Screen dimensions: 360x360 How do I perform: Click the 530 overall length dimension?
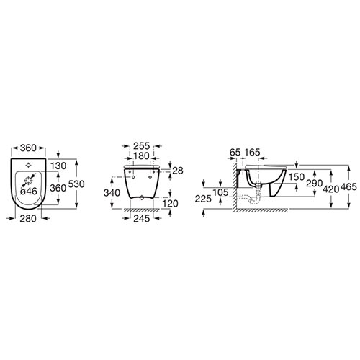pyautogui.click(x=76, y=184)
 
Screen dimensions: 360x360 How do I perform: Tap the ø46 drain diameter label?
pyautogui.click(x=29, y=192)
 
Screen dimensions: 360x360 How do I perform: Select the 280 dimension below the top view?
pyautogui.click(x=28, y=219)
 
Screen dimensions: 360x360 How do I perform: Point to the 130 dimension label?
pyautogui.click(x=58, y=166)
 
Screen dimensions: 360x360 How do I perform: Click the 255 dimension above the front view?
pyautogui.click(x=141, y=146)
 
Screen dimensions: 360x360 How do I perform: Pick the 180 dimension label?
pyautogui.click(x=141, y=156)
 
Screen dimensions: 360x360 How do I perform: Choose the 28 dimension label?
pyautogui.click(x=178, y=171)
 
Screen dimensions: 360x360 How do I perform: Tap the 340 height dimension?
pyautogui.click(x=112, y=193)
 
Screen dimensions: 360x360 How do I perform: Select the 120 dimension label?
pyautogui.click(x=171, y=204)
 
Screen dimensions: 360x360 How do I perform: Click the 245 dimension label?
pyautogui.click(x=141, y=219)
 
